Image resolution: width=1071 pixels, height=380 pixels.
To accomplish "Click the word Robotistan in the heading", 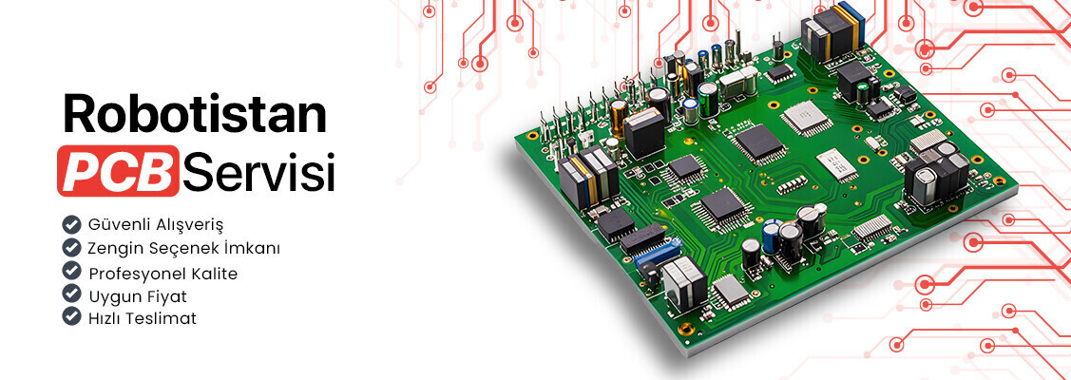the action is click(195, 114).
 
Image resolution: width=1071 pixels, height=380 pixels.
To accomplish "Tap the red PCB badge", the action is click(118, 171).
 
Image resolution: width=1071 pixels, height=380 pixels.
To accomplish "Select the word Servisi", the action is click(259, 171).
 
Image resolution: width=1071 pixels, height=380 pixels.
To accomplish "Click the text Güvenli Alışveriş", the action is click(157, 224).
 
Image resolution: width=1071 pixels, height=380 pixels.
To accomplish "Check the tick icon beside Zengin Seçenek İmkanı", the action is click(71, 247).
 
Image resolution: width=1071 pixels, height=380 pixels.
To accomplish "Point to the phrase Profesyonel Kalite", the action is click(163, 274).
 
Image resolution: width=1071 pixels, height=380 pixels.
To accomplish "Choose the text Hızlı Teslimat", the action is click(143, 318).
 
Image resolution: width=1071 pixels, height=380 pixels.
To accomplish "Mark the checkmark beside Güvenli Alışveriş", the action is click(71, 224).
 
